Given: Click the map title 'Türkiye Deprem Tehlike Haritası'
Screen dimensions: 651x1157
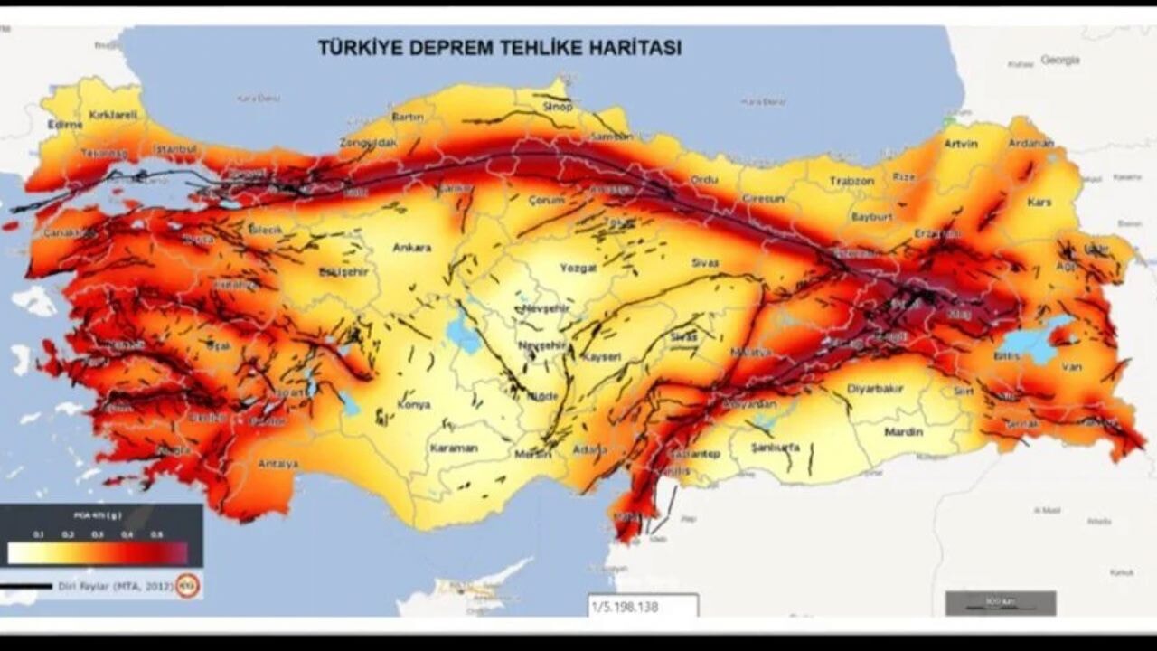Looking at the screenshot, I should [499, 48].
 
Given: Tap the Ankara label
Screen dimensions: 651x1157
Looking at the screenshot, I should [411, 248].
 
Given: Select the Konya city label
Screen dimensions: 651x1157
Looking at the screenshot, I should [414, 404].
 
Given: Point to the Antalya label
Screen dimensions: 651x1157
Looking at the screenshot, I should [277, 464].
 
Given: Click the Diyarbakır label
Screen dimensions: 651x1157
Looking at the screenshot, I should [875, 389].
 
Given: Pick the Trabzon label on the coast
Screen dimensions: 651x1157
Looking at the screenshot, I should [852, 181].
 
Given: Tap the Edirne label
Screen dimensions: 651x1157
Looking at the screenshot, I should [65, 125].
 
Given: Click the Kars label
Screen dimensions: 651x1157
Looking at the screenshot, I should [1039, 202].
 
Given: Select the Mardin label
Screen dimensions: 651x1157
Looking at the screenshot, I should [903, 432].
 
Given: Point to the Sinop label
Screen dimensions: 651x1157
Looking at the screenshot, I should [557, 107].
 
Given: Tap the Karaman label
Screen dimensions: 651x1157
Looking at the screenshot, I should [453, 448].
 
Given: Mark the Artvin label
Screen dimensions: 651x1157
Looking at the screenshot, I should [961, 144].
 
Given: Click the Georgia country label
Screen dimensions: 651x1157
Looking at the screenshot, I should [1059, 60].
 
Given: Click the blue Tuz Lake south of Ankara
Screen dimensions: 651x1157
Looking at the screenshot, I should [464, 334].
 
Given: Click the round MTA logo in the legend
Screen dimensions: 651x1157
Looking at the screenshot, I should [188, 586].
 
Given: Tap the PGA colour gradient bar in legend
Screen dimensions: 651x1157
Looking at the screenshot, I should [98, 552].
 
